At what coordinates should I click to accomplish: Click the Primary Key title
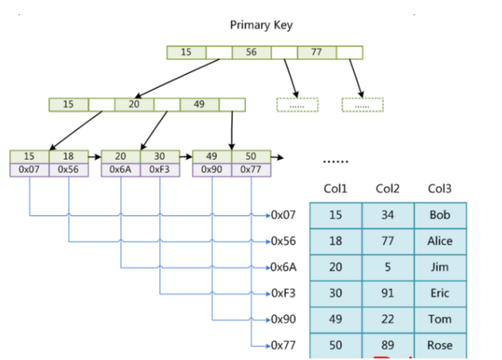pyautogui.click(x=261, y=25)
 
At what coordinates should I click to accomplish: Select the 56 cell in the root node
pyautogui.click(x=252, y=52)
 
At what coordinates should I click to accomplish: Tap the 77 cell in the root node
pyautogui.click(x=316, y=52)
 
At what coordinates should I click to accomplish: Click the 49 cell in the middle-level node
pyautogui.click(x=200, y=104)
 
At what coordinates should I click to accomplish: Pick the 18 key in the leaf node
pyautogui.click(x=69, y=156)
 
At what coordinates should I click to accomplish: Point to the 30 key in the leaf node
pyautogui.click(x=160, y=156)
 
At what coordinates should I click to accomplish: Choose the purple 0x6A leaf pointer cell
pyautogui.click(x=121, y=169)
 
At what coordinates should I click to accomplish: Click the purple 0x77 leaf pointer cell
pyautogui.click(x=251, y=169)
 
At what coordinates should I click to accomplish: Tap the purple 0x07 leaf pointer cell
pyautogui.click(x=29, y=169)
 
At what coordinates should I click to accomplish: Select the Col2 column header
pyautogui.click(x=387, y=189)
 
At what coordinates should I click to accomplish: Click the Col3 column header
pyautogui.click(x=440, y=189)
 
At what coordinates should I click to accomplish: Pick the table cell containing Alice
pyautogui.click(x=440, y=241)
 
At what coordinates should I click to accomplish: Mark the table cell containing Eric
pyautogui.click(x=440, y=293)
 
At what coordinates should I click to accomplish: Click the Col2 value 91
pyautogui.click(x=387, y=293)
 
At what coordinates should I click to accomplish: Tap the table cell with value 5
pyautogui.click(x=387, y=267)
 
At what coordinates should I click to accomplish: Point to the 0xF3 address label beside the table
pyautogui.click(x=283, y=293)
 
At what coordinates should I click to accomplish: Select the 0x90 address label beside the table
pyautogui.click(x=283, y=319)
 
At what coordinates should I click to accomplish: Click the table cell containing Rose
pyautogui.click(x=440, y=345)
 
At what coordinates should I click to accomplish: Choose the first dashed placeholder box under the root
pyautogui.click(x=297, y=105)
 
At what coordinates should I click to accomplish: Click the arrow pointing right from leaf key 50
pyautogui.click(x=278, y=157)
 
